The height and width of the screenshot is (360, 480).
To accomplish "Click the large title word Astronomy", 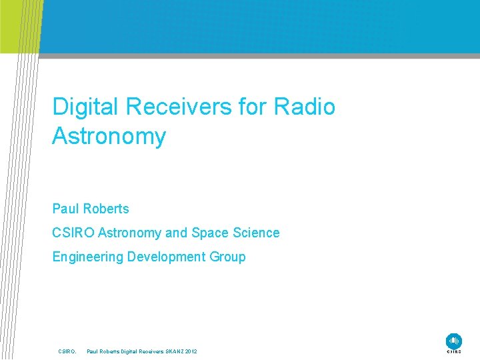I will point(109,136).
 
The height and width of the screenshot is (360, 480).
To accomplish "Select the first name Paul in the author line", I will point(65,209).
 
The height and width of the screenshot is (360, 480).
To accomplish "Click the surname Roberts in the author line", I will point(105,209).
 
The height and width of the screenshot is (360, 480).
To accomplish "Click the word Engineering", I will point(87,257).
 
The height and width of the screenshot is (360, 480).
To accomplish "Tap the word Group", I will point(228,257).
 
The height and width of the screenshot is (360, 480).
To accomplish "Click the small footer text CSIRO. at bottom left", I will point(67,351).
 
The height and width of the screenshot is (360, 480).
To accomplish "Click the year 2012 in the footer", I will point(191,351).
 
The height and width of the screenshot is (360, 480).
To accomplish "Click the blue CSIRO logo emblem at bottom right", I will point(453,340).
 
